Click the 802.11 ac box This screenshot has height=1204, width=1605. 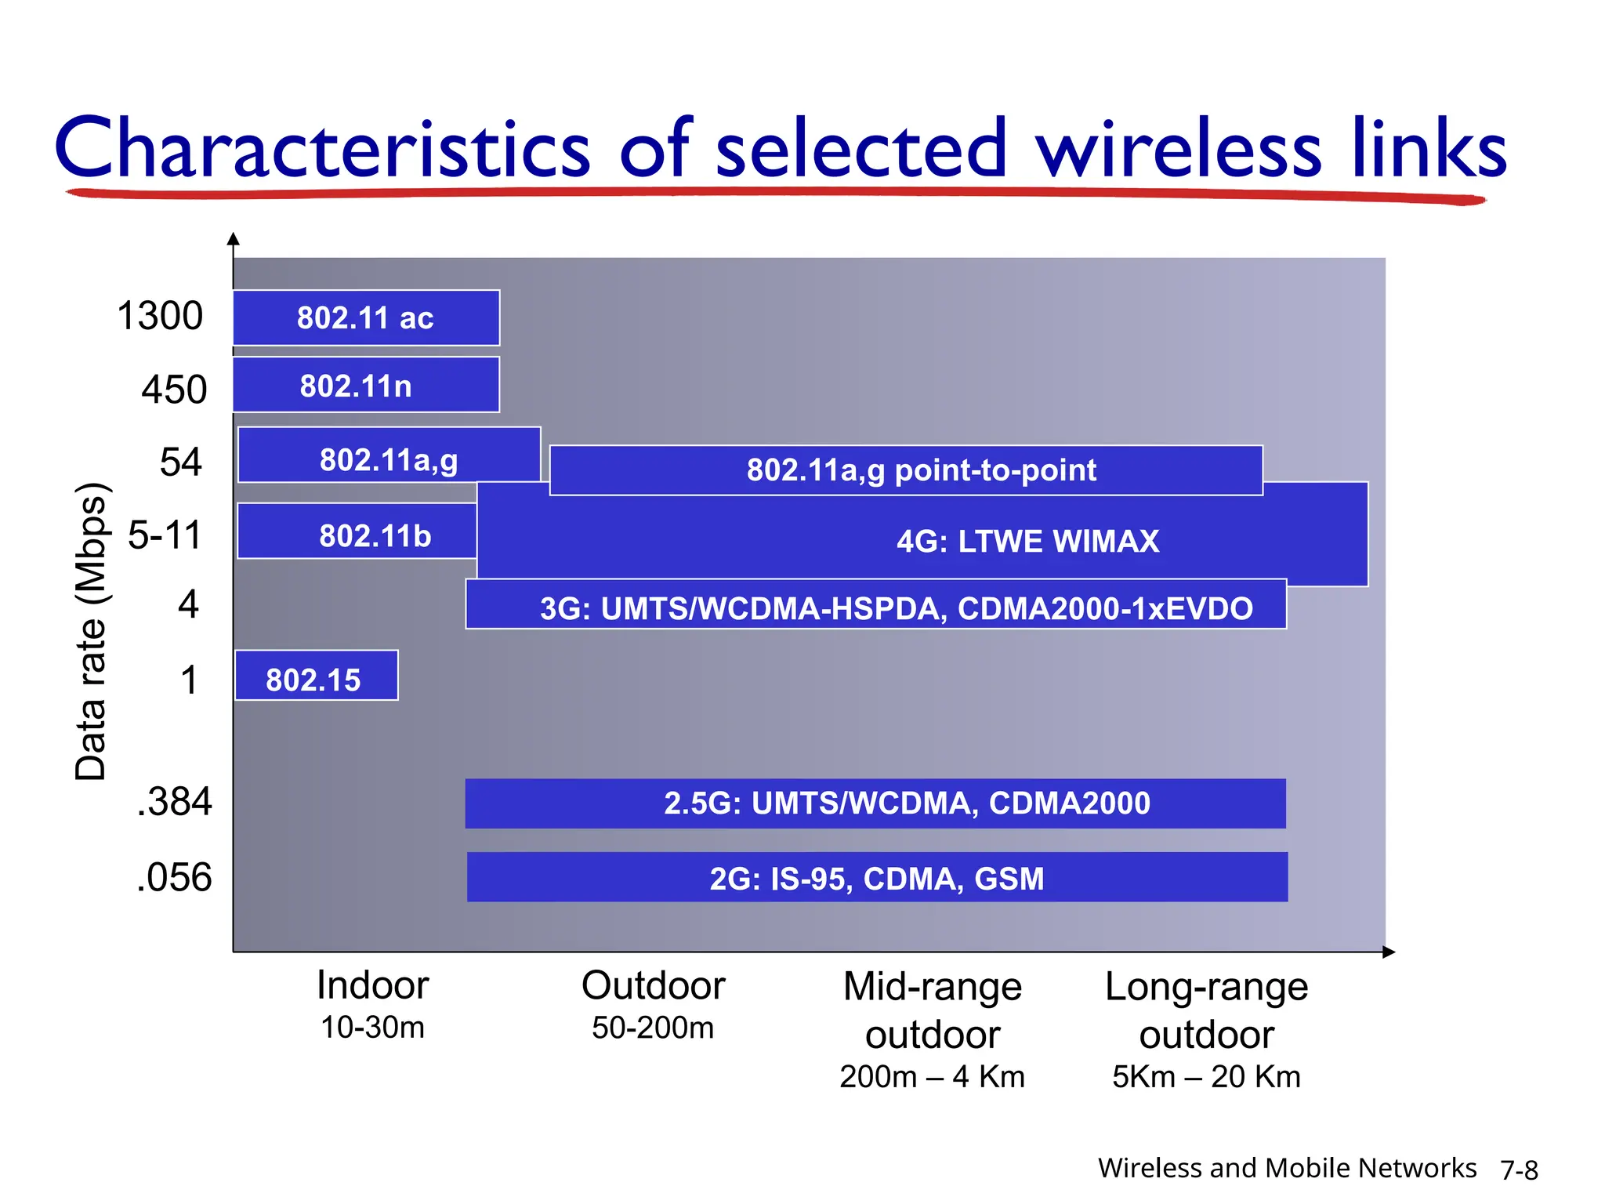tap(366, 317)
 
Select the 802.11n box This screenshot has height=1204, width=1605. tap(366, 385)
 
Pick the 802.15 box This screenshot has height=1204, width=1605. tap(317, 676)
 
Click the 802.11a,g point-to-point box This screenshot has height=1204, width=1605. tap(906, 470)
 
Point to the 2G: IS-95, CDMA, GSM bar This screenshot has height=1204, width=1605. tap(877, 877)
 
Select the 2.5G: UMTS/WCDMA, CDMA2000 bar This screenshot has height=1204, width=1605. tap(875, 803)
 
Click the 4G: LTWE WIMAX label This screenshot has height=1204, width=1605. tap(1027, 542)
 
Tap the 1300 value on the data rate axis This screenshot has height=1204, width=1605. tap(160, 316)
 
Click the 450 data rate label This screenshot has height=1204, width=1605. tap(174, 390)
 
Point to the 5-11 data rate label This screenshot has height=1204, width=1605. tap(165, 535)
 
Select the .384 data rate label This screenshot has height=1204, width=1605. tap(174, 802)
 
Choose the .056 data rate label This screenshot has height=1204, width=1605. tap(174, 877)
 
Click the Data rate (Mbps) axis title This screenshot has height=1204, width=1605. tap(90, 631)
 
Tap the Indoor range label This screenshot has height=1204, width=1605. tap(372, 985)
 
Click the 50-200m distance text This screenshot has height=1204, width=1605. tap(653, 1028)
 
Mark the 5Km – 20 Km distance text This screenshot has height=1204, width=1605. tap(1206, 1077)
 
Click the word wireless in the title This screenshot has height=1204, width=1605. tap(1179, 149)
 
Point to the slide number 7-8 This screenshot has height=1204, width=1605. tap(1519, 1170)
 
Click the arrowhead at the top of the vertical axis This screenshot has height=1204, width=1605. tap(233, 239)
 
